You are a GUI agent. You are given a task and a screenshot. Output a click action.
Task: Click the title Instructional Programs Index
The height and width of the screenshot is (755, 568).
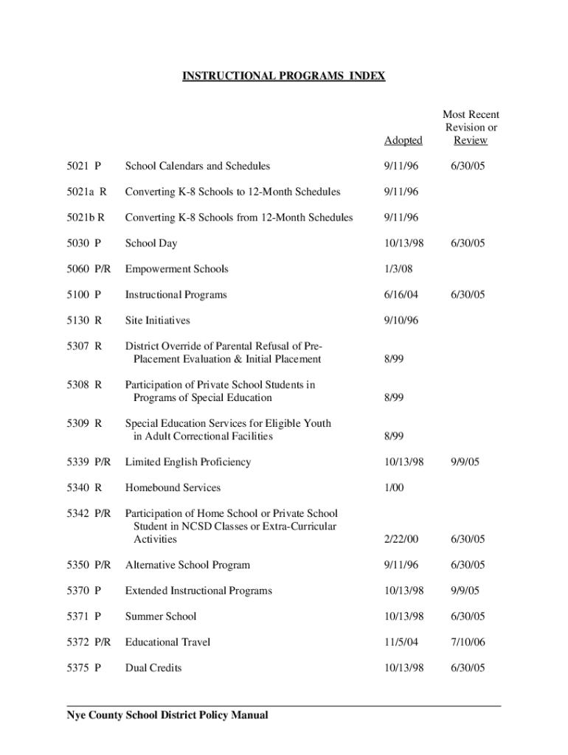point(284,76)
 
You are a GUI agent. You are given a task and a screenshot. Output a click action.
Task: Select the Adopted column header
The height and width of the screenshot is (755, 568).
point(404,140)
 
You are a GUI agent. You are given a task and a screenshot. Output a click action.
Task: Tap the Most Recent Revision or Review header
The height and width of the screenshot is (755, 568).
point(471,128)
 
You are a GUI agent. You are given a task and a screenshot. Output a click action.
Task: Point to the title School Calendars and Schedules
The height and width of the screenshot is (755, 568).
point(198,166)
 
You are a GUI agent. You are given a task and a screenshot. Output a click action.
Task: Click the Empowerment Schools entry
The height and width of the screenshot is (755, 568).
point(177,269)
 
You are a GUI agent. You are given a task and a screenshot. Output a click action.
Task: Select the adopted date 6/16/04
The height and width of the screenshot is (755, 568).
point(401,295)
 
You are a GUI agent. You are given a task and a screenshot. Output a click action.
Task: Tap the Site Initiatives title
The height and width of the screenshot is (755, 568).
point(158,321)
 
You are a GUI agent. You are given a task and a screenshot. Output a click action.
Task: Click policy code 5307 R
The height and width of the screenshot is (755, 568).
point(84,346)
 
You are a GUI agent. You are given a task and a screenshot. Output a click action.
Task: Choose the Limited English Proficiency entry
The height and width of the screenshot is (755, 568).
point(188,462)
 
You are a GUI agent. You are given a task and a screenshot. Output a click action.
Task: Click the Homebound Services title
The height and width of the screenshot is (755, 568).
point(173,488)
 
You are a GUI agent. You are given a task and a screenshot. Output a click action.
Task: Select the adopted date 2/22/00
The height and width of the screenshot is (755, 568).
point(401,540)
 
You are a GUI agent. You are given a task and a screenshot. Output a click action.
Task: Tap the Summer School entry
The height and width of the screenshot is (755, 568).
point(161,616)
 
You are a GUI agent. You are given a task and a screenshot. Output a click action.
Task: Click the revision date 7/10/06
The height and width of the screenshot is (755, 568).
point(469,642)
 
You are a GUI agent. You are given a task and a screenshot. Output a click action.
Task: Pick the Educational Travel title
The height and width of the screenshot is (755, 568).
point(168,642)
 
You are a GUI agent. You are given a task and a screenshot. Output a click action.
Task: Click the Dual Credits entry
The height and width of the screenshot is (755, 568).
point(153,668)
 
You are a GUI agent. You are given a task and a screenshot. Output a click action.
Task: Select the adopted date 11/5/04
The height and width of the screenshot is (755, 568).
point(401,642)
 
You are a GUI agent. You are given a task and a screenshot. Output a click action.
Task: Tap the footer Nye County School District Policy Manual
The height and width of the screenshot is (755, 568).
point(168,715)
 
